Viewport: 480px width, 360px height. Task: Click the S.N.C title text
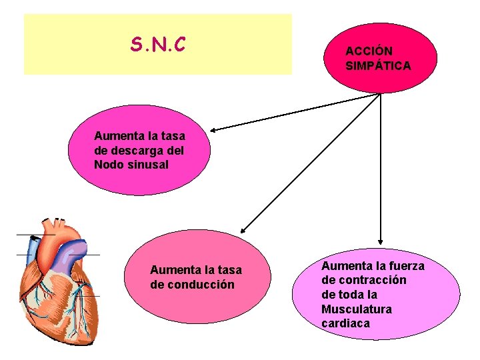(x=158, y=45)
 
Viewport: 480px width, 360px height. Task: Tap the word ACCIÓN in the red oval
(x=369, y=51)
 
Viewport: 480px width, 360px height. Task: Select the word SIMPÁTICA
(x=378, y=66)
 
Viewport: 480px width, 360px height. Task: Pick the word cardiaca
(x=345, y=324)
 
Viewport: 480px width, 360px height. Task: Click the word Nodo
(x=109, y=165)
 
